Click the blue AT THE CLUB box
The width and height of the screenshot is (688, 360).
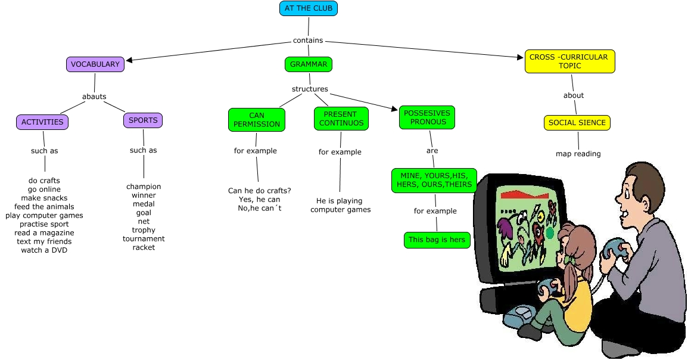coord(309,8)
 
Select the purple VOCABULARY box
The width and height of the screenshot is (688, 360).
coord(95,64)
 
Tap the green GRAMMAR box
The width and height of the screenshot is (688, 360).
coord(308,64)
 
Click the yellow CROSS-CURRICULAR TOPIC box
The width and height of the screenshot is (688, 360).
coord(569,61)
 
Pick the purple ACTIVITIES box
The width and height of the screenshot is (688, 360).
coord(42,122)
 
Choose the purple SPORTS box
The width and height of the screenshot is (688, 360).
coord(143,120)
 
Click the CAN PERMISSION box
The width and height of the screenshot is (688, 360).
coord(257,120)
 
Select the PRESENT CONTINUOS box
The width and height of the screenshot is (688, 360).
coord(341,119)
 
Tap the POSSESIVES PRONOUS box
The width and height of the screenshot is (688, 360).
coord(427,117)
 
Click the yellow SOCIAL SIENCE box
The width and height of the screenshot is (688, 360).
coord(577,123)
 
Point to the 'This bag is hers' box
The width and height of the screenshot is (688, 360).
coord(437,240)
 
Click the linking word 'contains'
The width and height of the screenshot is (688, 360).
coord(308,41)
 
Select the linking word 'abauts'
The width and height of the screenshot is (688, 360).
coord(94,97)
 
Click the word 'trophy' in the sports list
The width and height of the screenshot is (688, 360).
coord(144,230)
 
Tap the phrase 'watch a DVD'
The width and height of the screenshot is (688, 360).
coord(44,250)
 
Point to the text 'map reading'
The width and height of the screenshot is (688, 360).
coord(578,154)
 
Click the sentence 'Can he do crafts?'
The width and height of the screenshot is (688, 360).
coord(259,191)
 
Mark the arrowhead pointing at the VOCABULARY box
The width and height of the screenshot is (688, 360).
coord(129,60)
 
